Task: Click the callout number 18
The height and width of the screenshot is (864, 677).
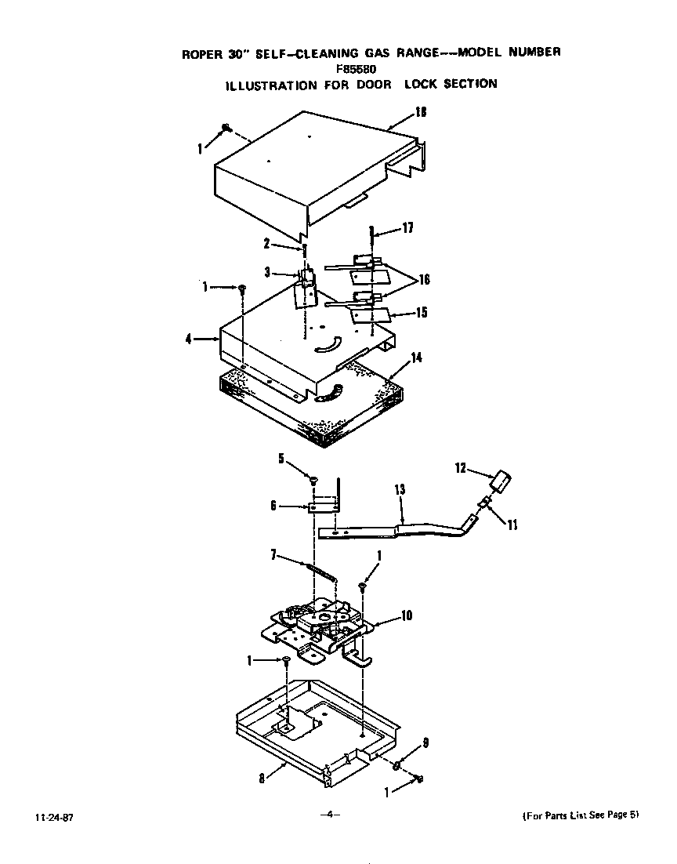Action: click(x=421, y=112)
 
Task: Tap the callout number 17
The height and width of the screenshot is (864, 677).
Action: click(x=407, y=228)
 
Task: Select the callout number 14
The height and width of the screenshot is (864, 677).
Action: click(x=416, y=357)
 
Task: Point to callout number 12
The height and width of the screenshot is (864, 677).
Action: click(x=460, y=468)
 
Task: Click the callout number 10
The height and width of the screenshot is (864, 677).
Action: click(x=406, y=615)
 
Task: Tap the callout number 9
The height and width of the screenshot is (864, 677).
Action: click(x=425, y=742)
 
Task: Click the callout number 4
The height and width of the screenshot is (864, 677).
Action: click(x=188, y=339)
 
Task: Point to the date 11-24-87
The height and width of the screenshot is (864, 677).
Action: click(x=49, y=817)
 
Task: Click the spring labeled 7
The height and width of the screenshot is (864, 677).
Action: click(x=322, y=571)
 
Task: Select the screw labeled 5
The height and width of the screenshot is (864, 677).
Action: click(x=313, y=480)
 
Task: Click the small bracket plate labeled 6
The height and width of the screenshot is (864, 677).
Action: click(x=324, y=508)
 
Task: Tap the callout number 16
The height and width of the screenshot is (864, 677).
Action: click(x=424, y=279)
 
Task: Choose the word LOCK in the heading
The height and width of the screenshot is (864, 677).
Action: click(x=420, y=84)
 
